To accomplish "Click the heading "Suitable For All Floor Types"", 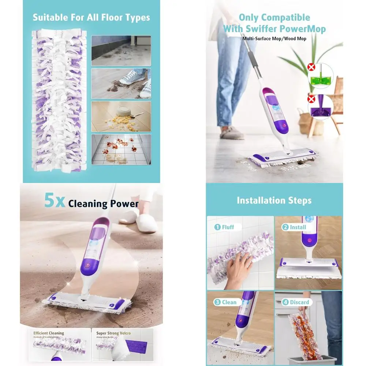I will (91, 17).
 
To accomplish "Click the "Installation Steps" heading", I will (274, 200).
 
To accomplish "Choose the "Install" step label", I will (298, 227).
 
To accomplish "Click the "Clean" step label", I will (229, 302).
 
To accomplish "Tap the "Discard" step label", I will (300, 302).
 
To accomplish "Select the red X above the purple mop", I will (311, 100).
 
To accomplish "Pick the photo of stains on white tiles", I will (121, 149).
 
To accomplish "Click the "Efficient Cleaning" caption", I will (48, 333).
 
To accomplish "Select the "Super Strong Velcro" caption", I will (113, 333).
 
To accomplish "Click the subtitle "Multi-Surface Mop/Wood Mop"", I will (274, 38).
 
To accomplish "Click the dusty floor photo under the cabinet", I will (121, 51).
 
